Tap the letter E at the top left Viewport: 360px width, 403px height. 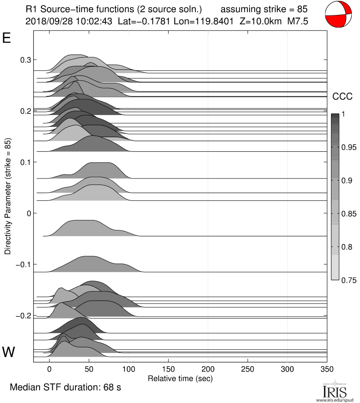tap(7, 38)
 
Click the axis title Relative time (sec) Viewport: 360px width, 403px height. tap(180, 378)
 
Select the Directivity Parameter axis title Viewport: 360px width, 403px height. tap(8, 196)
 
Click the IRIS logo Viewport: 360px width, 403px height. tap(335, 391)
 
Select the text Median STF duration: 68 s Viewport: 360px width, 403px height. tap(65, 388)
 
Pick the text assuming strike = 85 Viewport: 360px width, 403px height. tap(264, 9)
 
